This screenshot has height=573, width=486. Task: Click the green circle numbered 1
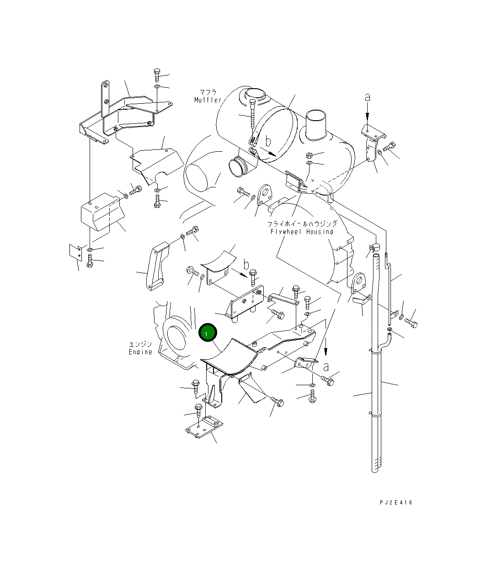[x=208, y=334]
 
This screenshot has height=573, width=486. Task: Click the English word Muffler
[x=208, y=100]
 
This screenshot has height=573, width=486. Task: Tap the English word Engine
[x=140, y=352]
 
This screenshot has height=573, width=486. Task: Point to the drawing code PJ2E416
[x=395, y=503]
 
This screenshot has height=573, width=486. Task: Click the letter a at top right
[x=367, y=97]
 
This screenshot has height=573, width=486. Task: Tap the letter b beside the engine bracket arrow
[x=246, y=265]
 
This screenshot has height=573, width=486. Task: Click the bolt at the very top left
[x=156, y=74]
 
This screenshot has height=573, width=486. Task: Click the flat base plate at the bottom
[x=203, y=430]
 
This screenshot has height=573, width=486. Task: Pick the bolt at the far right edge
[x=411, y=323]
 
